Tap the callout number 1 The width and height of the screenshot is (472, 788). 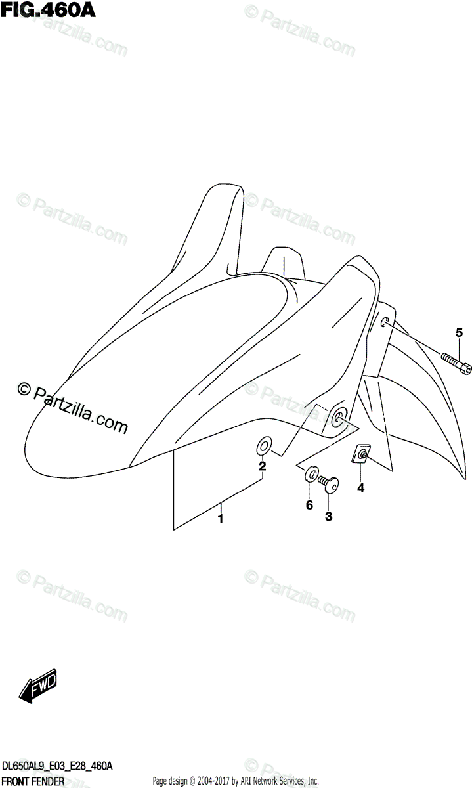click(x=221, y=519)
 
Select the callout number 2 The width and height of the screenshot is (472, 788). click(x=262, y=467)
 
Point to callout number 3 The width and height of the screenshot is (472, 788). click(x=328, y=517)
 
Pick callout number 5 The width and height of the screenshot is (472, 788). click(x=460, y=332)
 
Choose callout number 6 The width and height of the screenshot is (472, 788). click(x=309, y=504)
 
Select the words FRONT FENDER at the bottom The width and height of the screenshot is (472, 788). click(x=33, y=781)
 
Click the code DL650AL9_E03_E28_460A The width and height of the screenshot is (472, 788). click(x=57, y=766)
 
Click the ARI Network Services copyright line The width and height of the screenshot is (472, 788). click(x=235, y=781)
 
